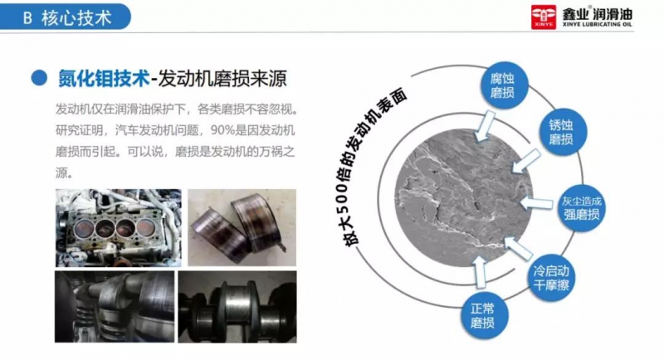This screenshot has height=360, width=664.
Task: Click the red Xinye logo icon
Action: click(544, 17)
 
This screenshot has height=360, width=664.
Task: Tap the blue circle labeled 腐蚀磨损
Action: click(503, 85)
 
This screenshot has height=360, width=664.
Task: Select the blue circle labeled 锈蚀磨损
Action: click(562, 132)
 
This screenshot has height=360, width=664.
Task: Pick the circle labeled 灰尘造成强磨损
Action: click(582, 208)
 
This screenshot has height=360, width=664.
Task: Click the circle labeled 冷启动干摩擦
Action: click(551, 278)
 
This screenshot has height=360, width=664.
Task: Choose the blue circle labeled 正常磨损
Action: click(483, 315)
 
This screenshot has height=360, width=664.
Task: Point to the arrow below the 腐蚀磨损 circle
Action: click(485, 126)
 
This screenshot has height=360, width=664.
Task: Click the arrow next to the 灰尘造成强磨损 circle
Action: click(535, 203)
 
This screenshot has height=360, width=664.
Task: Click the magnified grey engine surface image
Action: click(463, 197)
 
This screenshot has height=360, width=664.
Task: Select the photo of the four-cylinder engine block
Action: click(119, 227)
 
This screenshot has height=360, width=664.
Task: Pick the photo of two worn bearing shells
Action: click(242, 227)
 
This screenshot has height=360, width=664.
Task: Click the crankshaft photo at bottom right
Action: click(237, 307)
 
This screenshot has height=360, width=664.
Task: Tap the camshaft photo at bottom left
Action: click(115, 307)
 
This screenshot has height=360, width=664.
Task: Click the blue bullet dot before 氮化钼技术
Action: click(39, 78)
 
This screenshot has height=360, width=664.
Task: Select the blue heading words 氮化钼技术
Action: click(104, 78)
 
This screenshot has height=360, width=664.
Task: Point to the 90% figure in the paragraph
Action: click(222, 130)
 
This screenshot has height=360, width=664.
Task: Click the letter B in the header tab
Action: click(27, 18)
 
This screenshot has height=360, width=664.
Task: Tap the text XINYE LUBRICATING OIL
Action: click(597, 25)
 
